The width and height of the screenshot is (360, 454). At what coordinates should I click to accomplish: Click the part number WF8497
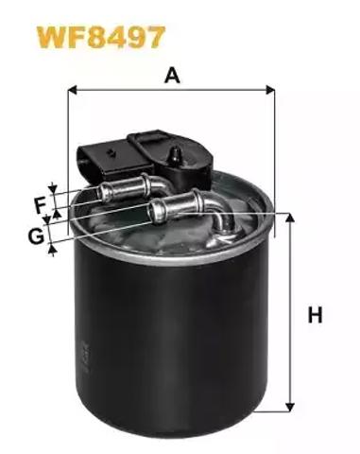point(101,37)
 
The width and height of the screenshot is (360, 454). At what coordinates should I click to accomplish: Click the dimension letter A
point(172,76)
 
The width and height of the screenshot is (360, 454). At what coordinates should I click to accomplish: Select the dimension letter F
point(41,204)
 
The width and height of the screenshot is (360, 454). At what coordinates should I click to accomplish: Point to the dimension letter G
point(36,236)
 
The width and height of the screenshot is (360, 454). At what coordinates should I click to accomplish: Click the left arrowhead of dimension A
point(73,90)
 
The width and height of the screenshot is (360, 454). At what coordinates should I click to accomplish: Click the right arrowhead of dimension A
point(270,90)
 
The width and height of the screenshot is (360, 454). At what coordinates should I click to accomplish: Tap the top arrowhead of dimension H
point(290,218)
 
